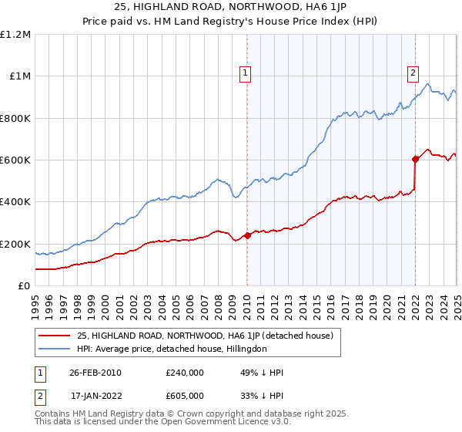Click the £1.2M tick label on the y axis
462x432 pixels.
[x=15, y=35]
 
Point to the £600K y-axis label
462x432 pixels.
[x=15, y=160]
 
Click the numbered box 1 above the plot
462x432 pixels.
[x=245, y=73]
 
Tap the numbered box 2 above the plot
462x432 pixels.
[x=413, y=73]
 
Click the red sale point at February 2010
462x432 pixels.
[x=247, y=235]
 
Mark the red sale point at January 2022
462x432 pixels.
[x=415, y=160]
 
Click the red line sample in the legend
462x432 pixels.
[x=54, y=336]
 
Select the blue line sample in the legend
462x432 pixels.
[x=54, y=349]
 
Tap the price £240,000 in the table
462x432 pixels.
[x=185, y=372]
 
